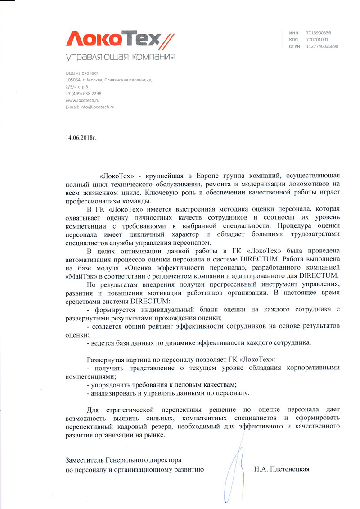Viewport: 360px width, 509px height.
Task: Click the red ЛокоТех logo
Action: tap(119, 40)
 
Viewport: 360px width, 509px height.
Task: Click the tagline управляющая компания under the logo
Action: tap(120, 57)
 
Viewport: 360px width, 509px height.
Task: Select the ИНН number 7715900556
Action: tap(318, 33)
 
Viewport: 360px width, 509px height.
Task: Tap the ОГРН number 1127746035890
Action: tap(322, 46)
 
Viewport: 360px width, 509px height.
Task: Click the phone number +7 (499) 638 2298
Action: tap(83, 93)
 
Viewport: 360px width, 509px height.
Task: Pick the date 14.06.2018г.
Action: tap(81, 135)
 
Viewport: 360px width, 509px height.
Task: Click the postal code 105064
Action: tap(73, 80)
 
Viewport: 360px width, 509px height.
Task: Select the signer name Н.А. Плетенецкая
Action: tap(282, 469)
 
